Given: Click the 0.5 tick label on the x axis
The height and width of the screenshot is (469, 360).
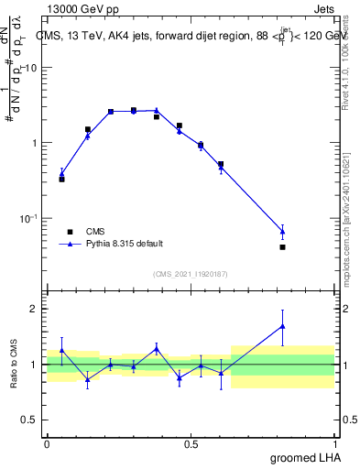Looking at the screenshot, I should tap(191, 443).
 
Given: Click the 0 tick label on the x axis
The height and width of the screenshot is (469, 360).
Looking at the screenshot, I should tap(47, 443).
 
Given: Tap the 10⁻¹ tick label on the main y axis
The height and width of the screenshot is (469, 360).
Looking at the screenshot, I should tap(28, 218).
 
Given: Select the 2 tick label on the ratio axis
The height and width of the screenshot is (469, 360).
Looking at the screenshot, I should tap(35, 309).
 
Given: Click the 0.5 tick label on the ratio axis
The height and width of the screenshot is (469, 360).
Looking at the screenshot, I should tap(30, 420).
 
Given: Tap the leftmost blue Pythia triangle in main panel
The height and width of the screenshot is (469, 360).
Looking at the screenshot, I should tap(61, 172).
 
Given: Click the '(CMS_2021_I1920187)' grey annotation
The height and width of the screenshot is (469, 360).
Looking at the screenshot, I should tap(191, 273).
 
